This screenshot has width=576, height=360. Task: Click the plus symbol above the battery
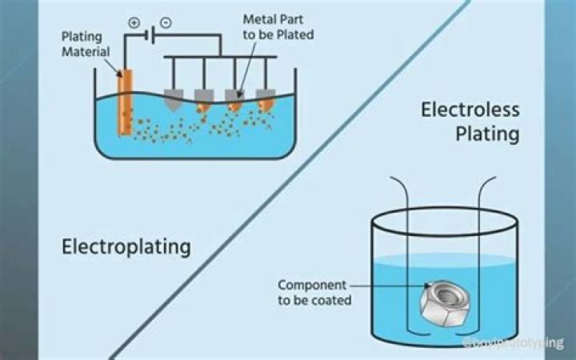[x=134, y=23]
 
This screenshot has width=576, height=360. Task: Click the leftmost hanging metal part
[x=174, y=99]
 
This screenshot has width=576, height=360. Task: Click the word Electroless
[x=470, y=110]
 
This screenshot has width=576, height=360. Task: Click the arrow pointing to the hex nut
[x=392, y=285]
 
